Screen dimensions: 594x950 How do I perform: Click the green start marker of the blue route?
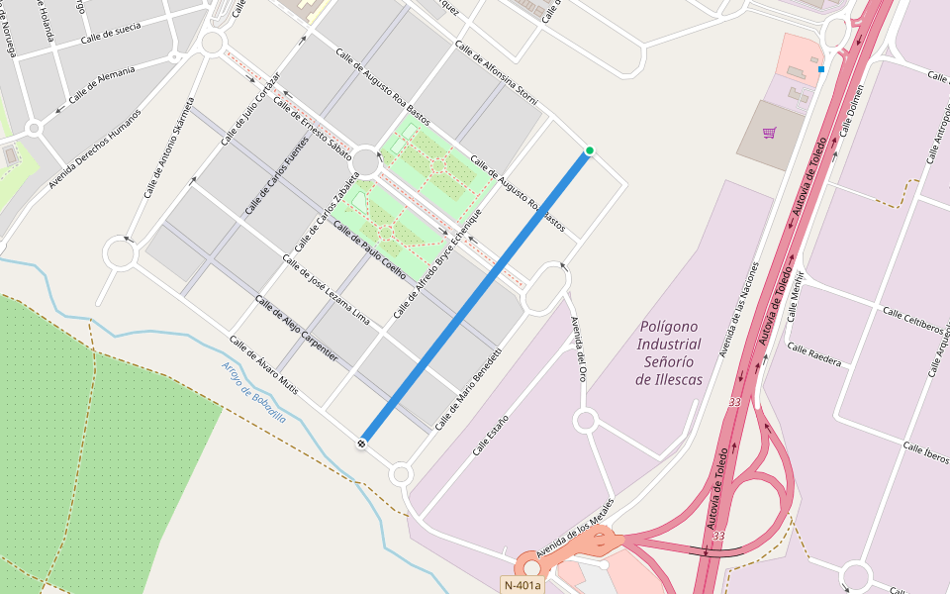pos(590,150)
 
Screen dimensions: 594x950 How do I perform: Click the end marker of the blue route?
pos(363,443)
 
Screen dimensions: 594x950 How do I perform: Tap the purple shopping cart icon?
pos(770,133)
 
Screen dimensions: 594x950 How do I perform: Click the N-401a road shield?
pos(522,585)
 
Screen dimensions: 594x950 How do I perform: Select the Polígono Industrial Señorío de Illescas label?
pos(669,352)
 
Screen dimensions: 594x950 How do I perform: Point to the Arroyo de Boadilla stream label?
pos(253,392)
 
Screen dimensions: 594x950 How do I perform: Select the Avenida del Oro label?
pos(579,349)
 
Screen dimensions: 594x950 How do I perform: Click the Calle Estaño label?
pos(491,435)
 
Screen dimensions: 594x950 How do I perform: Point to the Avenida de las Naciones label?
pos(739,309)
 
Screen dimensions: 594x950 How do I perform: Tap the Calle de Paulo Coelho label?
pos(369,250)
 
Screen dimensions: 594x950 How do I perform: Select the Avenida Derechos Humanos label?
pos(95,148)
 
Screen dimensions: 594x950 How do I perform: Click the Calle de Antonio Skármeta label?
pos(169,148)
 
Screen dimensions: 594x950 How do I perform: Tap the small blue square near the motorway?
pos(821,69)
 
